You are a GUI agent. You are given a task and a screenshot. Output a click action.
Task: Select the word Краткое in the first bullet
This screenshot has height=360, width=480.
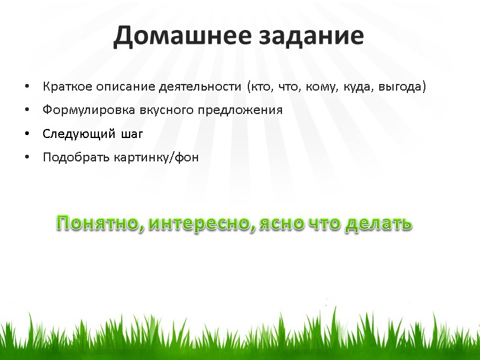(x=62, y=87)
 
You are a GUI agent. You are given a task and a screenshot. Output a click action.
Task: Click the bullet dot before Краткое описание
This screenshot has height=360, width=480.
(x=28, y=88)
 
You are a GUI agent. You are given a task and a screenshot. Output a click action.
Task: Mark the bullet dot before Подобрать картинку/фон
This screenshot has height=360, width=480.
(x=28, y=158)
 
